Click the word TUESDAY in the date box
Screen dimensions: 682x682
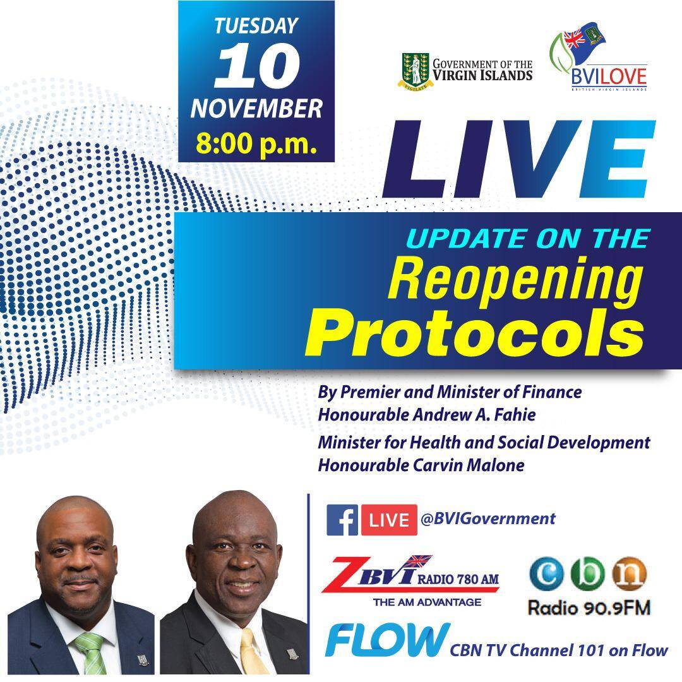(x=256, y=26)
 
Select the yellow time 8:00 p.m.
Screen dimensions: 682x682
(x=256, y=144)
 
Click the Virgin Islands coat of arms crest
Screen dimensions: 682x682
(x=416, y=71)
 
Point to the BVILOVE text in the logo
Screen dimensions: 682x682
(x=609, y=77)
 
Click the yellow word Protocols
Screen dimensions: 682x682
(x=474, y=333)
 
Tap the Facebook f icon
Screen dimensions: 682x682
(x=342, y=520)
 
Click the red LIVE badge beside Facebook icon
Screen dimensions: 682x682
(x=389, y=520)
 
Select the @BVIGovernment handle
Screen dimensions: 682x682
(x=488, y=518)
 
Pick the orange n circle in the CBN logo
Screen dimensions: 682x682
(x=629, y=574)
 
